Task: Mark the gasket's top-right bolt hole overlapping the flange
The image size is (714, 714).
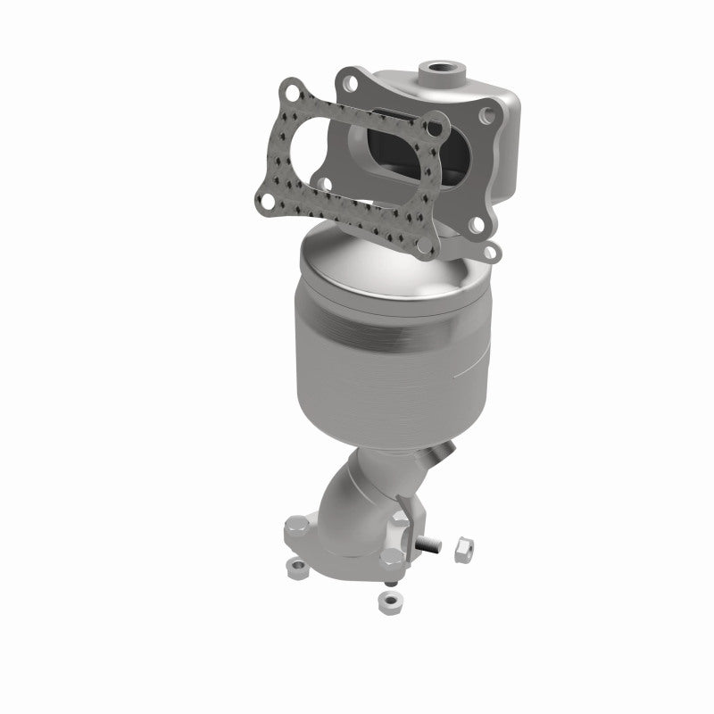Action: (x=435, y=130)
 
